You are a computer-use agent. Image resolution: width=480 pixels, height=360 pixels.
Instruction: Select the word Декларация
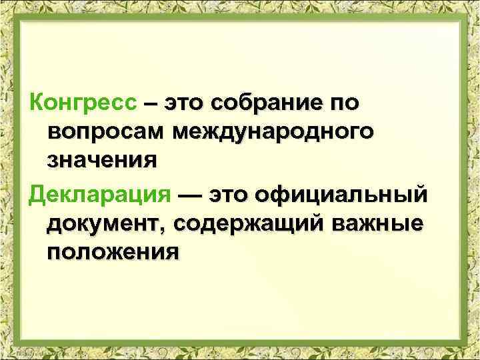pos(97,195)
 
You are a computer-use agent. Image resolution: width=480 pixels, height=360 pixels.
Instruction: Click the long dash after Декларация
pos(188,196)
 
